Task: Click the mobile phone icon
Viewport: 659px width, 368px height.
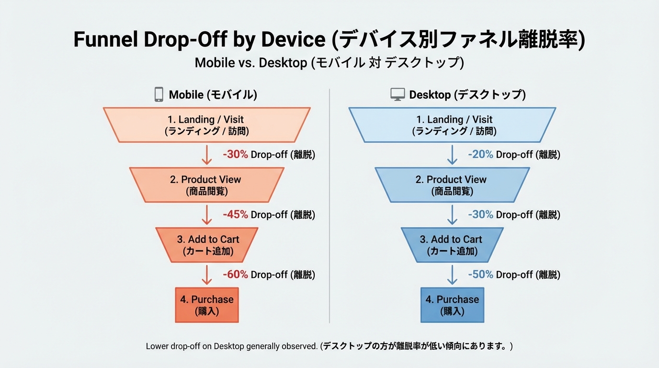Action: (159, 94)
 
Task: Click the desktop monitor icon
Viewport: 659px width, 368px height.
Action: (398, 94)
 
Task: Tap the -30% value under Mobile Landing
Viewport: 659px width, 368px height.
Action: (235, 154)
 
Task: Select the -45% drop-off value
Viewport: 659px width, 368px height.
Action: (235, 214)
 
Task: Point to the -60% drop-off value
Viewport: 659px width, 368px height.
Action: (235, 274)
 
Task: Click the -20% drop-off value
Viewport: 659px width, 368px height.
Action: (480, 154)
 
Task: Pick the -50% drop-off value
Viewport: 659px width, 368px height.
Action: (480, 274)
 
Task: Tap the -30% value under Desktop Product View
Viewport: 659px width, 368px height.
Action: (480, 214)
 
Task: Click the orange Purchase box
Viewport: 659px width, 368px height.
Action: (207, 305)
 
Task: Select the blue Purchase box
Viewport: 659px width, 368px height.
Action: (452, 305)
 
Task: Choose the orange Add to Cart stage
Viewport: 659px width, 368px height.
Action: (207, 245)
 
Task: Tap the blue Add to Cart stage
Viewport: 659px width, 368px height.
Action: (452, 245)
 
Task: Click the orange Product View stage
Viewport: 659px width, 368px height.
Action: (207, 185)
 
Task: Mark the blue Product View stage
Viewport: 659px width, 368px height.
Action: (452, 185)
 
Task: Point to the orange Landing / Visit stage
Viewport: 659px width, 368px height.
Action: (207, 125)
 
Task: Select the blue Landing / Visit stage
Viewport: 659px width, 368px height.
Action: (452, 125)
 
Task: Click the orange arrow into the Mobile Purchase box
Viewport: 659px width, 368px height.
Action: (207, 275)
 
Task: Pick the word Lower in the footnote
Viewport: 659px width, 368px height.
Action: (157, 346)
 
